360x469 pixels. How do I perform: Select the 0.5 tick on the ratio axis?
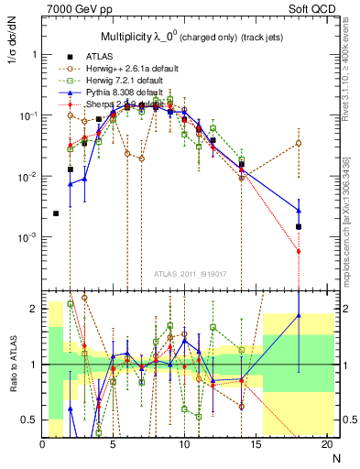31,420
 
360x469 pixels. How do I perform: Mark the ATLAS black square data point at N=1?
56,213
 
